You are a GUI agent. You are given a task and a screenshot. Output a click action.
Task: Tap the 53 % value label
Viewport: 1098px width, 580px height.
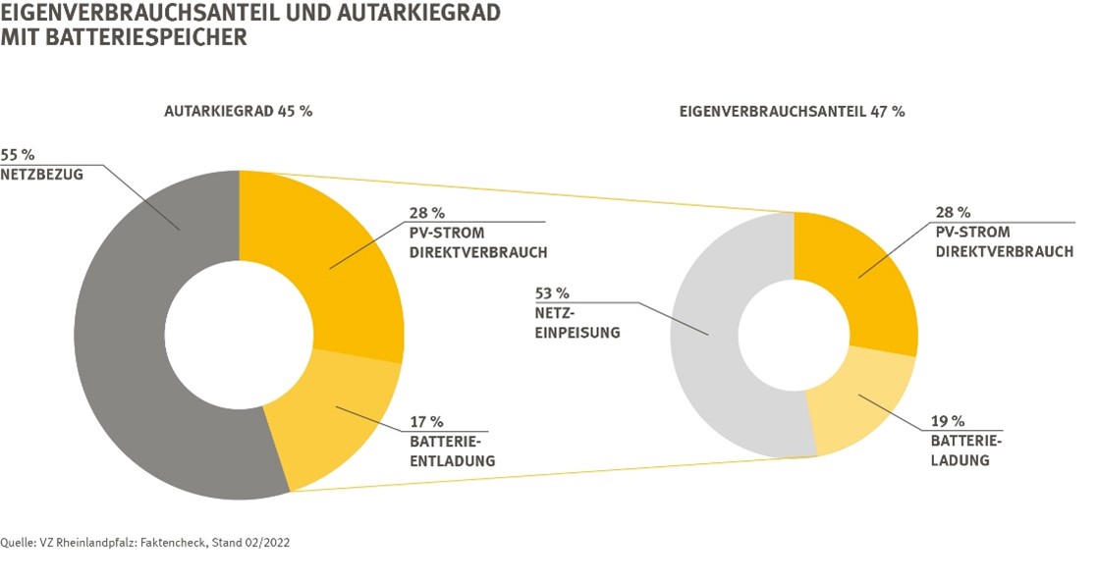click(551, 292)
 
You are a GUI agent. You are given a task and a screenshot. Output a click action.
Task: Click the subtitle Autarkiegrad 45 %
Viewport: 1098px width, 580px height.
click(238, 111)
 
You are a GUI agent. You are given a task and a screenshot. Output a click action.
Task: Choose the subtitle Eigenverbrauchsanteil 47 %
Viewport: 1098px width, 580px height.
click(792, 111)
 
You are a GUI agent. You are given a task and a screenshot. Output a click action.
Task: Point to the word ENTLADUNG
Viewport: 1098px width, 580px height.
click(452, 460)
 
